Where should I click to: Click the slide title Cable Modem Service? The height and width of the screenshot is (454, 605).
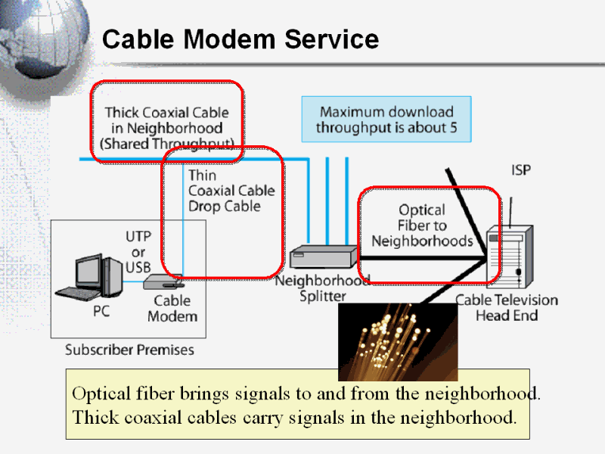[240, 39]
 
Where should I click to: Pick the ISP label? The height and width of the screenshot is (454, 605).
[521, 171]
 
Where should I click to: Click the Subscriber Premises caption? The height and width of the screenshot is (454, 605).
[129, 350]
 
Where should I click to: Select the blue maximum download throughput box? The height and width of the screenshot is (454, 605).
[386, 120]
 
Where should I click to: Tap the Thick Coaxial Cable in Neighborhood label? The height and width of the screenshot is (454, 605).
[166, 128]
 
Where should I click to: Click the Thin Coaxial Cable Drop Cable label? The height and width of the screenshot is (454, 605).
[231, 191]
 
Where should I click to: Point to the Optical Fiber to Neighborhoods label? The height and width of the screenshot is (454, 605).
[422, 225]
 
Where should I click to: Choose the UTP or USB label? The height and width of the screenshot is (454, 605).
[138, 252]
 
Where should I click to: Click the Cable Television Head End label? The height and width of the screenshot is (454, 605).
[506, 307]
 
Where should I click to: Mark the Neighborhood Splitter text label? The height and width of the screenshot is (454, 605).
[322, 288]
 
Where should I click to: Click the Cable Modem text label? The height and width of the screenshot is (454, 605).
[172, 308]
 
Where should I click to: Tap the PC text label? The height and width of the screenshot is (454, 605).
[101, 309]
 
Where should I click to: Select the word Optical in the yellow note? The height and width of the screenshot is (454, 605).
[100, 394]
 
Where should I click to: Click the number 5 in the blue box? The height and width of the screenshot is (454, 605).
[453, 127]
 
